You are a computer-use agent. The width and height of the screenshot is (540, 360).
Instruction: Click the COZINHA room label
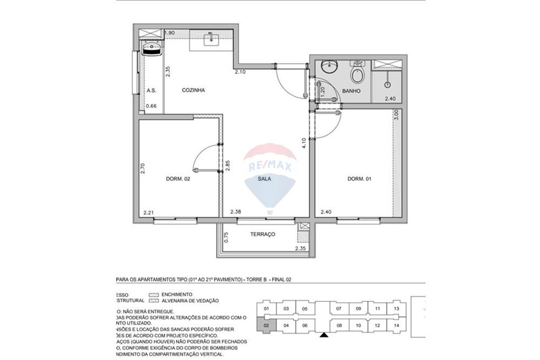[193, 91]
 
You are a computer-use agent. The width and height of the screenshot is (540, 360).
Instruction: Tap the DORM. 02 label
[178, 179]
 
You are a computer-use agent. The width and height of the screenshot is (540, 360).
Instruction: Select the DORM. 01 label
[359, 179]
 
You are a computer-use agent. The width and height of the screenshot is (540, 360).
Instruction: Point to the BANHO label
[351, 91]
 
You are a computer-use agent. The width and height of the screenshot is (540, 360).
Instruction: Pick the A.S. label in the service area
[151, 91]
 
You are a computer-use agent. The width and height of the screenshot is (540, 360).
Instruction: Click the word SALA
[264, 179]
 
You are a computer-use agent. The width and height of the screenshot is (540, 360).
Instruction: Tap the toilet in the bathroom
[357, 73]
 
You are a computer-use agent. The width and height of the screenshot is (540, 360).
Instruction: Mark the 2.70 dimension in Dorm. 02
[143, 168]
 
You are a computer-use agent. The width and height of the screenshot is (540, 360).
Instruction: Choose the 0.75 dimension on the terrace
[226, 237]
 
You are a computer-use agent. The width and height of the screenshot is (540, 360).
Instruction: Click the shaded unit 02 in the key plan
[266, 325]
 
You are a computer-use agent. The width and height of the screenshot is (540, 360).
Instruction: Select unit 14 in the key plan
[396, 325]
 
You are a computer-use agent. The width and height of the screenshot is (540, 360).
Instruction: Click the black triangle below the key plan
[323, 336]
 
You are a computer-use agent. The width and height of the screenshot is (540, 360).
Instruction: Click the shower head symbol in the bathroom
[387, 84]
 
